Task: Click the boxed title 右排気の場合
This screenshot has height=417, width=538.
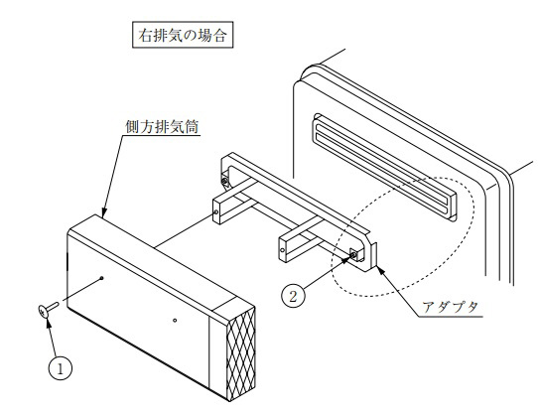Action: [x=183, y=35]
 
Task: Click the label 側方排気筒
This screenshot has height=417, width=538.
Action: [x=162, y=127]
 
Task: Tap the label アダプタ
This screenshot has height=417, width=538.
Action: [x=451, y=307]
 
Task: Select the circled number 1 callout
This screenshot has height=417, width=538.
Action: [x=61, y=369]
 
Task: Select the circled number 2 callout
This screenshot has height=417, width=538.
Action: [x=293, y=296]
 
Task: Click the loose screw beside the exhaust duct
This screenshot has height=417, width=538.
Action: [x=48, y=308]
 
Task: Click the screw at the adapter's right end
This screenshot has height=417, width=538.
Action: [x=353, y=254]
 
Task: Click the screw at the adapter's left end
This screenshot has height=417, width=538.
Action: [x=224, y=180]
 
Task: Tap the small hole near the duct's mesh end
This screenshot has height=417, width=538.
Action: [x=175, y=321]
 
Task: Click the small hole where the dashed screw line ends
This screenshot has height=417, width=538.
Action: [x=101, y=277]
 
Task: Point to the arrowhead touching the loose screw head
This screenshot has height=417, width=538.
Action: [x=49, y=322]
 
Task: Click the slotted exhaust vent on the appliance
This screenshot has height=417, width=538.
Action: [x=384, y=167]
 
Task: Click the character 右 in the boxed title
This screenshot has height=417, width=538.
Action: [x=145, y=35]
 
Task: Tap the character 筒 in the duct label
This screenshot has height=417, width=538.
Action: [x=192, y=127]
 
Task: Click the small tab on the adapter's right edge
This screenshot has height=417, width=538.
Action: [x=374, y=253]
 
